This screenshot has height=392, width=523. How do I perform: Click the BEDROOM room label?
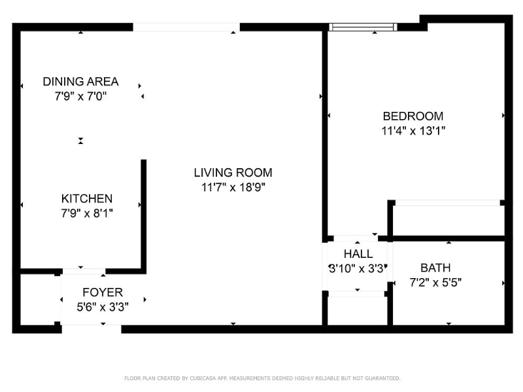(413, 116)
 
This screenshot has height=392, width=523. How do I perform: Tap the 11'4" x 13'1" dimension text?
(413, 130)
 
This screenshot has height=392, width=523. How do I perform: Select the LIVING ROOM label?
(233, 173)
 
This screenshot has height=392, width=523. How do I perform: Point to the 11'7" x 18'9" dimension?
(233, 187)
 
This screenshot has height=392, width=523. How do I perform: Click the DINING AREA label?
(80, 82)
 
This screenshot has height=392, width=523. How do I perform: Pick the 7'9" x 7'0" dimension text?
(80, 96)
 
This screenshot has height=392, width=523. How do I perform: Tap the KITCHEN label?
(87, 198)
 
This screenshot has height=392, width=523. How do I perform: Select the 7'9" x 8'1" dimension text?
(87, 213)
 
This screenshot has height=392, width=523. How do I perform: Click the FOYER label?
(102, 292)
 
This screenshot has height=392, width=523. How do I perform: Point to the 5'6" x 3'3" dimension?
(102, 306)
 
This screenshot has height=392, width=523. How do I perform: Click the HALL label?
(358, 254)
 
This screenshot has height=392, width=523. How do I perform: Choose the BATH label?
(435, 268)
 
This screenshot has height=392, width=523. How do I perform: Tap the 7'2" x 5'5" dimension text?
(435, 283)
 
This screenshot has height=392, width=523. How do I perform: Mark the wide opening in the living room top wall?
(186, 27)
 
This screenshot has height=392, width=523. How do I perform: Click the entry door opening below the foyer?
(91, 328)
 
